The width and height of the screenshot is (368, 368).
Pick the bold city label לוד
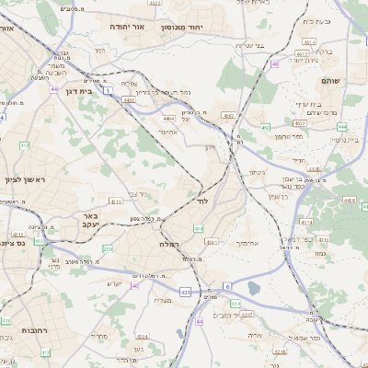click(203, 200)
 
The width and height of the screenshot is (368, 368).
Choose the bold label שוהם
click(330, 82)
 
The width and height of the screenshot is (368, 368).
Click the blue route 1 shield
click(108, 91)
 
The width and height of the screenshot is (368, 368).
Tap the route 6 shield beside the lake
click(226, 286)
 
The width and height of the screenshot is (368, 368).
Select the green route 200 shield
click(108, 248)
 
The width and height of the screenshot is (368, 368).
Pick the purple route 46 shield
click(274, 63)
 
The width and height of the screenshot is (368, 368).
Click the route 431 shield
click(185, 293)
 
